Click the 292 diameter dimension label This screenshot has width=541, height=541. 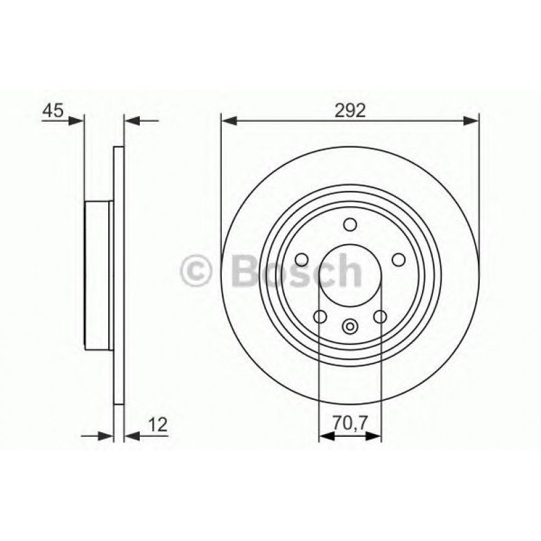[350, 110]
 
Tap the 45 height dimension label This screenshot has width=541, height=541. [53, 110]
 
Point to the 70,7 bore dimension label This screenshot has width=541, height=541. [351, 422]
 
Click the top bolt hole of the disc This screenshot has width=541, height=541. [350, 224]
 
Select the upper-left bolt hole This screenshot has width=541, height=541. [302, 259]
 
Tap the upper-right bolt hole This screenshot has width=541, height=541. [399, 259]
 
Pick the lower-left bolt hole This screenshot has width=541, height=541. [320, 316]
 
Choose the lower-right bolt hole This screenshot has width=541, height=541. [380, 316]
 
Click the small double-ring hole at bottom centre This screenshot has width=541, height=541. [350, 326]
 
